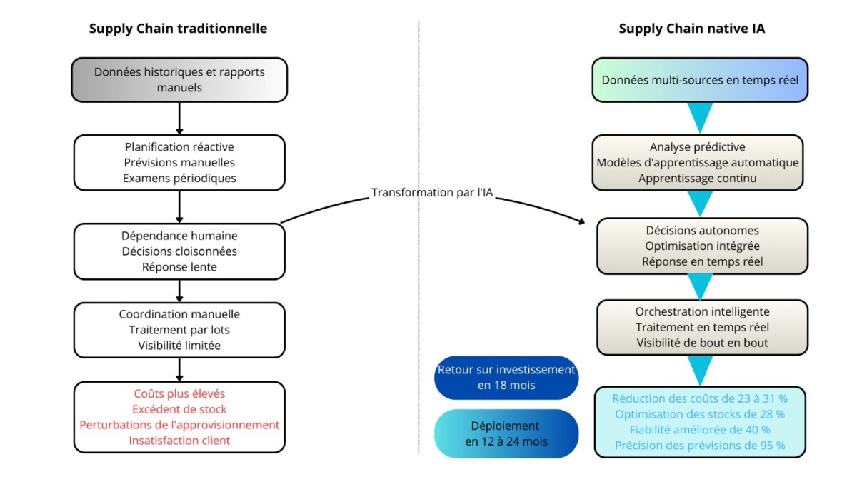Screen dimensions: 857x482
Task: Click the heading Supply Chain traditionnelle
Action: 178,29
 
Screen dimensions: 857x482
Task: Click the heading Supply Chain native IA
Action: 692,29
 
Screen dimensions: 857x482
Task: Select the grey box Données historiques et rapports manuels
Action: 179,79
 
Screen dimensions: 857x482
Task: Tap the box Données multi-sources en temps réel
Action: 700,79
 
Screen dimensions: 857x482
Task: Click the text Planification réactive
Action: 179,147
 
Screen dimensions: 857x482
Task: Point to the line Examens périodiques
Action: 179,179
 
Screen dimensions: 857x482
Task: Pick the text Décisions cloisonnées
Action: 179,251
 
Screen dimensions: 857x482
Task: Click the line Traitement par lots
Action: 179,330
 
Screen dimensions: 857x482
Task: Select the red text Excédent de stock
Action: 179,409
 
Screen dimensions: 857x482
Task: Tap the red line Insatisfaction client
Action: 179,441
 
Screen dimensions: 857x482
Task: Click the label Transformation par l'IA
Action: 432,192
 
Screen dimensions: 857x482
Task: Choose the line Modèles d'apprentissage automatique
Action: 698,163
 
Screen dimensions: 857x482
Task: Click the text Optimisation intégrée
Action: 703,246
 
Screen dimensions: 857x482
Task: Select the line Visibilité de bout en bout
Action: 703,343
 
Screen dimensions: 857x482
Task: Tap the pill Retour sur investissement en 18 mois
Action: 506,378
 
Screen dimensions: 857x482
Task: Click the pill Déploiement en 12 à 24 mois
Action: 506,434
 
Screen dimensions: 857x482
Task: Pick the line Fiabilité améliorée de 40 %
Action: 700,430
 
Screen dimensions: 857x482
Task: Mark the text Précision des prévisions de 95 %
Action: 700,446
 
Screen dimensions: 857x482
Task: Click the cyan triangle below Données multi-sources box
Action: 700,114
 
